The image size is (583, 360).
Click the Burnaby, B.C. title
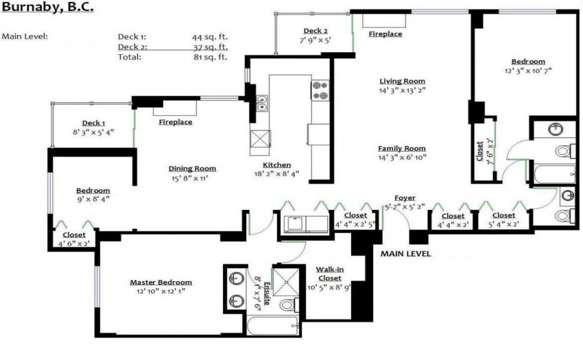coord(47,8)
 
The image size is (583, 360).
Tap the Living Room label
coord(403,81)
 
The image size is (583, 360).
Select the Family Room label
coord(402,148)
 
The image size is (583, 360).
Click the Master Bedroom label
coord(161,283)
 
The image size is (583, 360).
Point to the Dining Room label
coord(192,169)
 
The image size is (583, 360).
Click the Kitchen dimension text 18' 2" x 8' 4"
coord(277,173)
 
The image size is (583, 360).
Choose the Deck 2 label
coord(316,31)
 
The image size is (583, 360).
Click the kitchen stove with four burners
coord(320,91)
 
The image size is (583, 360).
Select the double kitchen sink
coord(262,104)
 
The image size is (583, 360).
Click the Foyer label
coord(405,198)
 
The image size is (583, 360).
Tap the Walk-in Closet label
coord(330,274)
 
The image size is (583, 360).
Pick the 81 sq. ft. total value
coord(211,57)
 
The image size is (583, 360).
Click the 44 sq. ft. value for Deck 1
coord(210,37)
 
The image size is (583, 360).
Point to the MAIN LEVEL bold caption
coord(405,254)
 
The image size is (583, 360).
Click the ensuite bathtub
coord(273,326)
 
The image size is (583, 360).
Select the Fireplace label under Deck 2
coord(385,34)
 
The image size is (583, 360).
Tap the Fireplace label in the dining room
coord(176,122)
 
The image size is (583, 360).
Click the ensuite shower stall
coord(285,282)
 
